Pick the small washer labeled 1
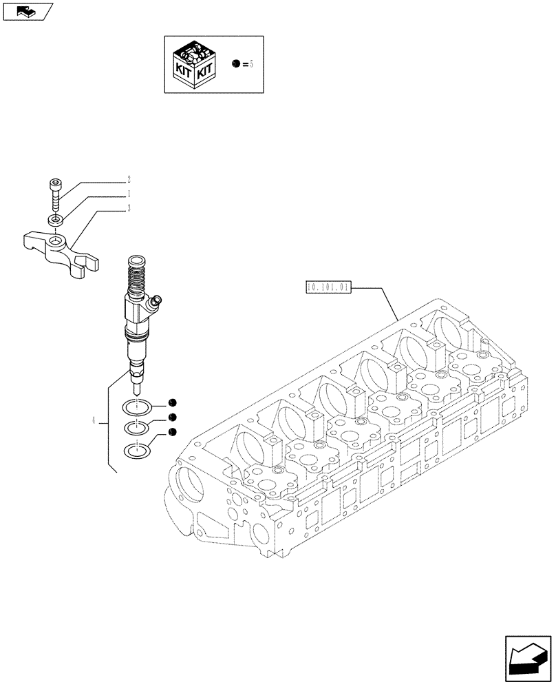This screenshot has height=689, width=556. point(56,220)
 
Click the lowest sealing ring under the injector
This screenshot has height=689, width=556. point(138,451)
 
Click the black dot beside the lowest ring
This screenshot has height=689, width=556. point(172,432)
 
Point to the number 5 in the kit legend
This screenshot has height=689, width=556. point(251,63)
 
